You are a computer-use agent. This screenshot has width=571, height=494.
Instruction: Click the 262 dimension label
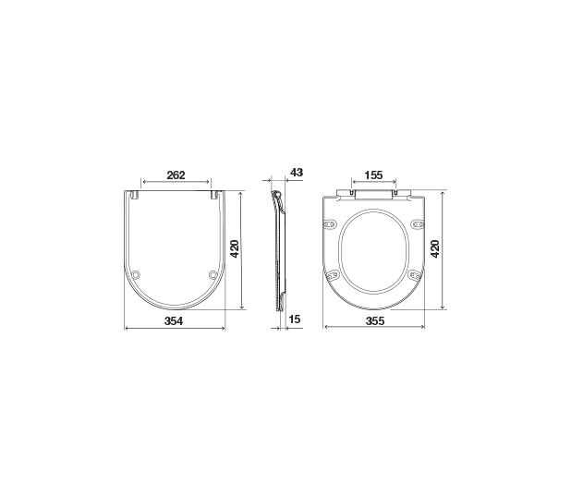pyautogui.click(x=176, y=175)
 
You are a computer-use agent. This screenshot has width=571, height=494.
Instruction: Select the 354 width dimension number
pyautogui.click(x=174, y=321)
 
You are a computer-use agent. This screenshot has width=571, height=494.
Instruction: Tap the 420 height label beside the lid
pyautogui.click(x=235, y=248)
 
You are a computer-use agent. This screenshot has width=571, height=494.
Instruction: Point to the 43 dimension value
pyautogui.click(x=297, y=172)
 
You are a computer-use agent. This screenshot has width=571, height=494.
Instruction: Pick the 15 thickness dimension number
pyautogui.click(x=294, y=319)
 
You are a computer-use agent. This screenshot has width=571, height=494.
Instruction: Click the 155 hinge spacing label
pyautogui.click(x=373, y=175)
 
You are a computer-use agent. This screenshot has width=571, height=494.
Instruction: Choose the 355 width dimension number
pyautogui.click(x=375, y=320)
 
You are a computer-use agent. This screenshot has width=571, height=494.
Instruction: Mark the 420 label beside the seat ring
pyautogui.click(x=435, y=248)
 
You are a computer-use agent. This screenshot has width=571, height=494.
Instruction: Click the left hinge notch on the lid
pyautogui.click(x=134, y=195)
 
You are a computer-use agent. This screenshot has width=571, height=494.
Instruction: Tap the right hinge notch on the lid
pyautogui.click(x=215, y=195)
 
